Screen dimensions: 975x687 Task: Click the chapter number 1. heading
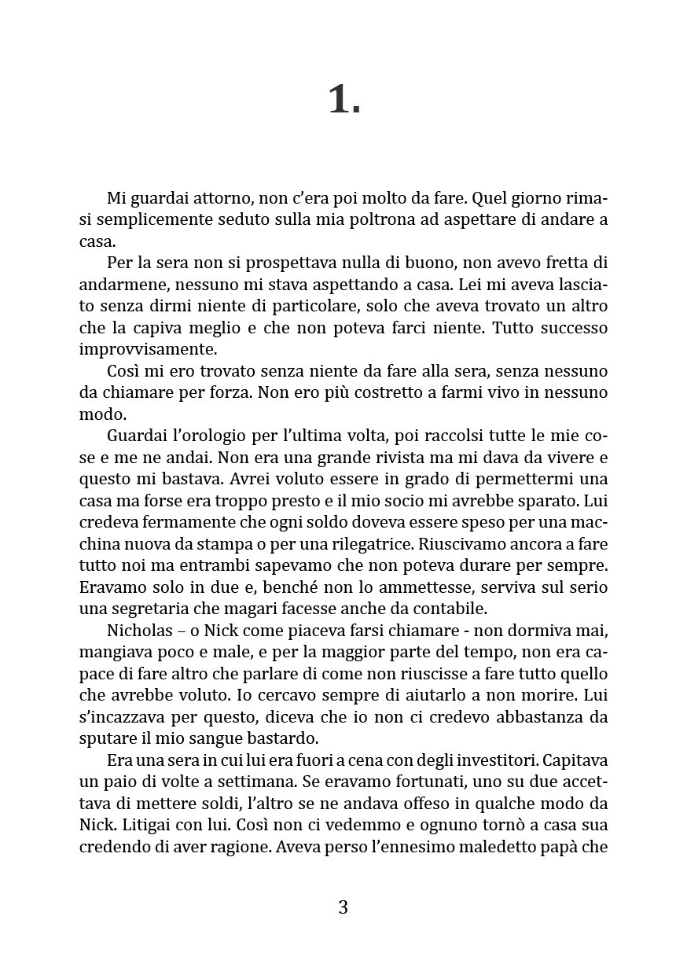click(x=343, y=100)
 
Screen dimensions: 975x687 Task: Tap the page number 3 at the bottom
click(x=343, y=907)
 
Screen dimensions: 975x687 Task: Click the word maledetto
click(x=490, y=848)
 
